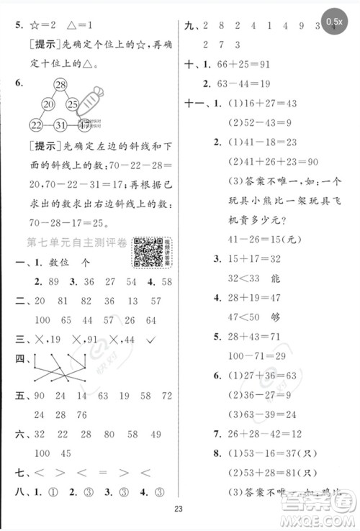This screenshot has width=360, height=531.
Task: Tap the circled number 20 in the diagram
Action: pos(48,105)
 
